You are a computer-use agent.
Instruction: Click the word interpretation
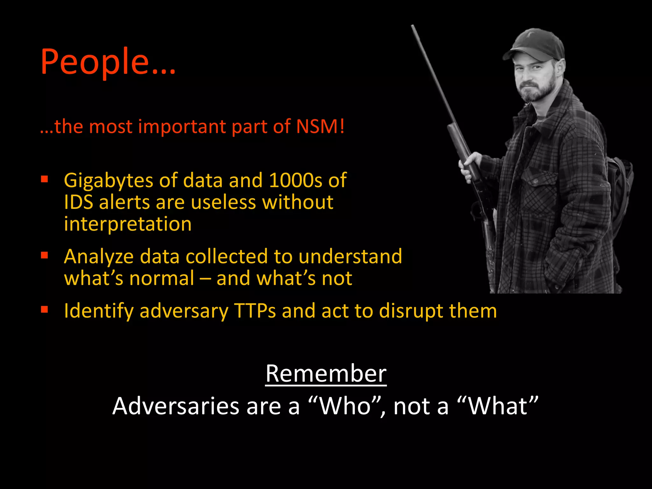[128, 224]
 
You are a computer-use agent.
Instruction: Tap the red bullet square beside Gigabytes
[44, 179]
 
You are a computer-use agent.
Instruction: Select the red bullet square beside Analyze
[44, 255]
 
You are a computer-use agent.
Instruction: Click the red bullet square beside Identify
[44, 309]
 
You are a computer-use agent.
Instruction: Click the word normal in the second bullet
[161, 278]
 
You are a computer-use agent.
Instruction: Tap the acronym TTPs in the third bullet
[255, 311]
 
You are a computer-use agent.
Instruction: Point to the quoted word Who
[345, 406]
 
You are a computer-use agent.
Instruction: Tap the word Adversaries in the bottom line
[176, 406]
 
